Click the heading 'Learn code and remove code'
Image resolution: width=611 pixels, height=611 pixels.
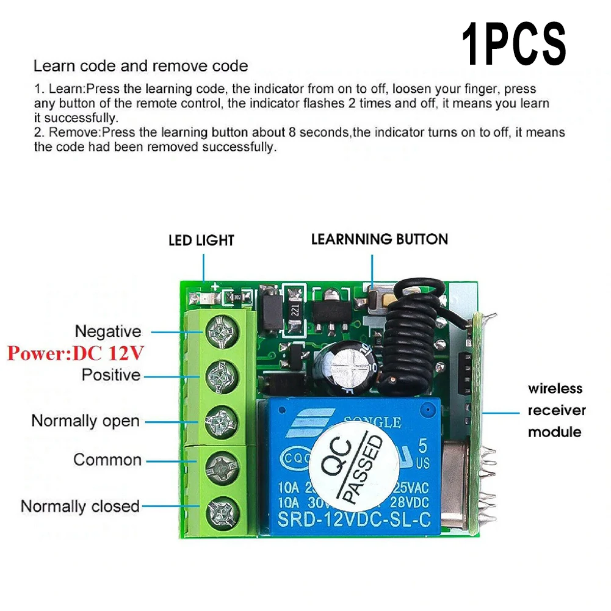(140, 66)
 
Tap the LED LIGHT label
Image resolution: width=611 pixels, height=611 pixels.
(201, 240)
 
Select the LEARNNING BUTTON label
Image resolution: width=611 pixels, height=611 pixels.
(379, 239)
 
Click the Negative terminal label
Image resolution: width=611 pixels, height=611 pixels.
(108, 331)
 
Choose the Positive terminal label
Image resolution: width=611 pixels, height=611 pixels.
(111, 374)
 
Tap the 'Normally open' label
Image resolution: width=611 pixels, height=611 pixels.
(85, 421)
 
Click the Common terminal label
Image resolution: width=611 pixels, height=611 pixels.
(107, 459)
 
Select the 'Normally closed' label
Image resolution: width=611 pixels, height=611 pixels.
(80, 506)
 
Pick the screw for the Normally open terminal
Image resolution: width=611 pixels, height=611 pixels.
(219, 421)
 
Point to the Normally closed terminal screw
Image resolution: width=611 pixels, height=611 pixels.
(219, 508)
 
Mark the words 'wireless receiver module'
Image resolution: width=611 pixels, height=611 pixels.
(555, 410)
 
